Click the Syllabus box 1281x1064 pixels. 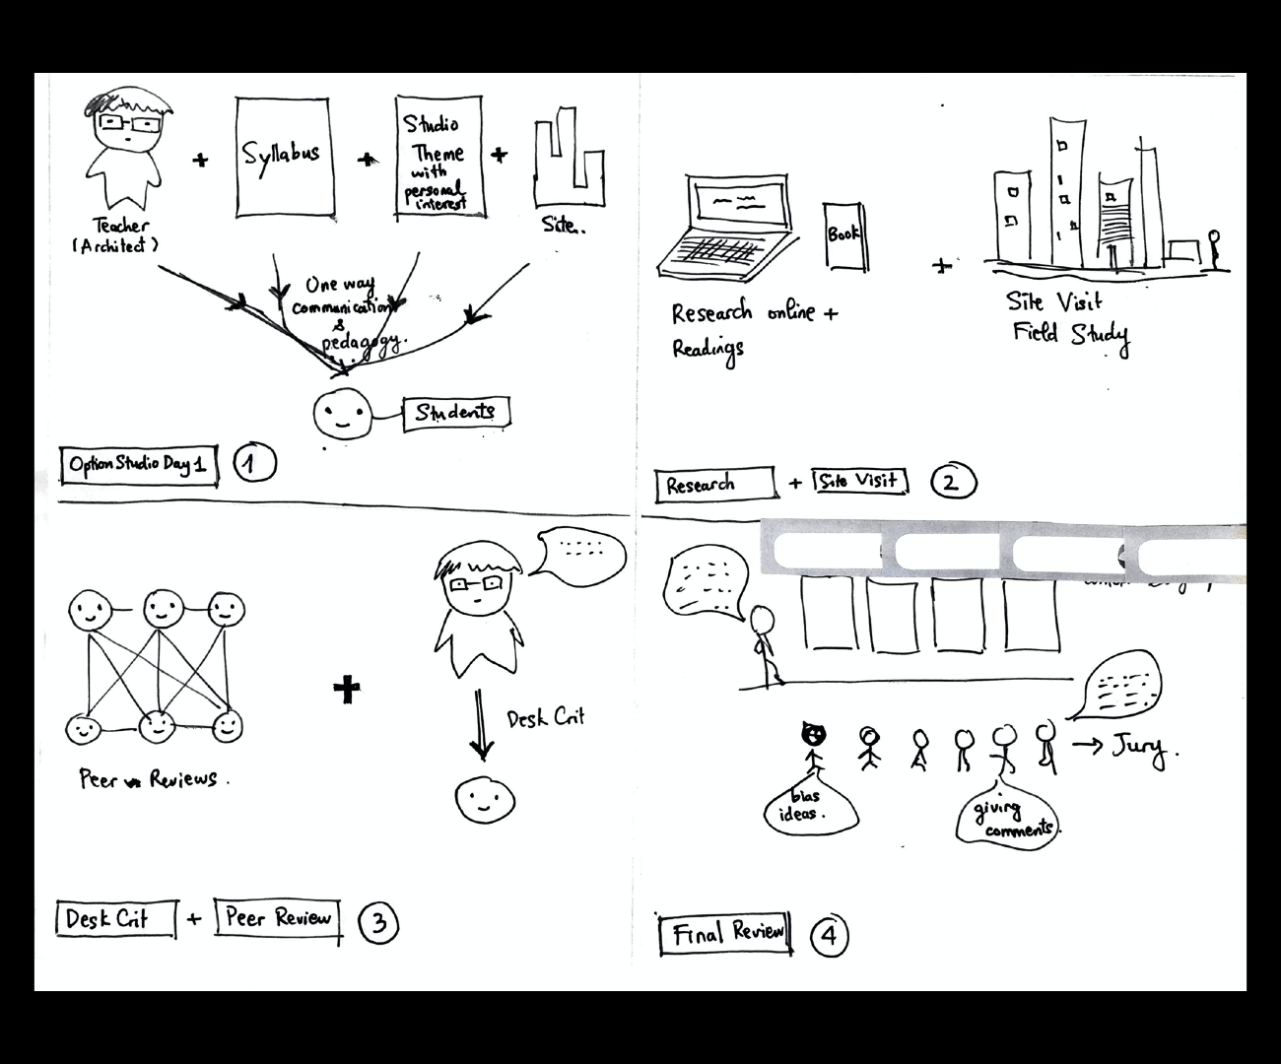pos(281,157)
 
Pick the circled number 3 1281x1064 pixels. pos(378,922)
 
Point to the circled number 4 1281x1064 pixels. pos(829,935)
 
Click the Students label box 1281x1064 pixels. pos(456,413)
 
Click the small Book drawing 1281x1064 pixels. pos(844,235)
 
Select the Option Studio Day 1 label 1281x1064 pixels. pos(138,464)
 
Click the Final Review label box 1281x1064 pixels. pos(727,934)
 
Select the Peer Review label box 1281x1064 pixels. pos(278,919)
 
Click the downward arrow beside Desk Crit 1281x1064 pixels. pos(480,724)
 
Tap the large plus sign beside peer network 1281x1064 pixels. pos(347,689)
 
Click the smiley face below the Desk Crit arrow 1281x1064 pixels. pos(485,799)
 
